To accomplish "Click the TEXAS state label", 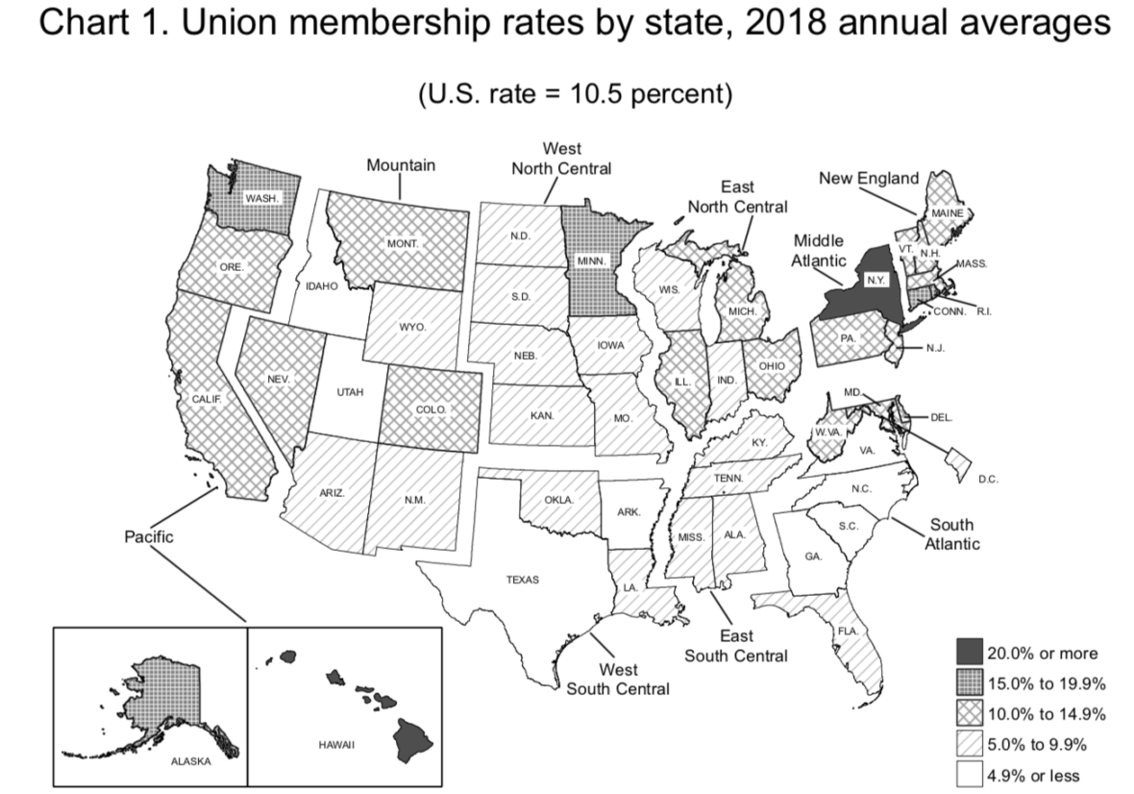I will [x=523, y=580].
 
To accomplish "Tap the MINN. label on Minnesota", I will [x=589, y=261].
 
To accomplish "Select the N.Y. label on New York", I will [x=874, y=280].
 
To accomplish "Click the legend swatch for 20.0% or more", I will [x=969, y=654].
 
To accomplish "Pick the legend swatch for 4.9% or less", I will [x=969, y=774].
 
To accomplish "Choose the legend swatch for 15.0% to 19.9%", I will [x=969, y=683].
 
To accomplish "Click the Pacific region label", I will [x=149, y=536].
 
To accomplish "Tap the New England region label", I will [x=868, y=178].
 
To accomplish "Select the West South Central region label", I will [x=618, y=679].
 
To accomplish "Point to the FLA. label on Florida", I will [x=847, y=631].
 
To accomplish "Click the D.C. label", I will [x=987, y=479].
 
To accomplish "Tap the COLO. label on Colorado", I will [x=430, y=409].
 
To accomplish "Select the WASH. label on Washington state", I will [x=262, y=198].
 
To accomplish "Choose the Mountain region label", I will [x=401, y=164].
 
